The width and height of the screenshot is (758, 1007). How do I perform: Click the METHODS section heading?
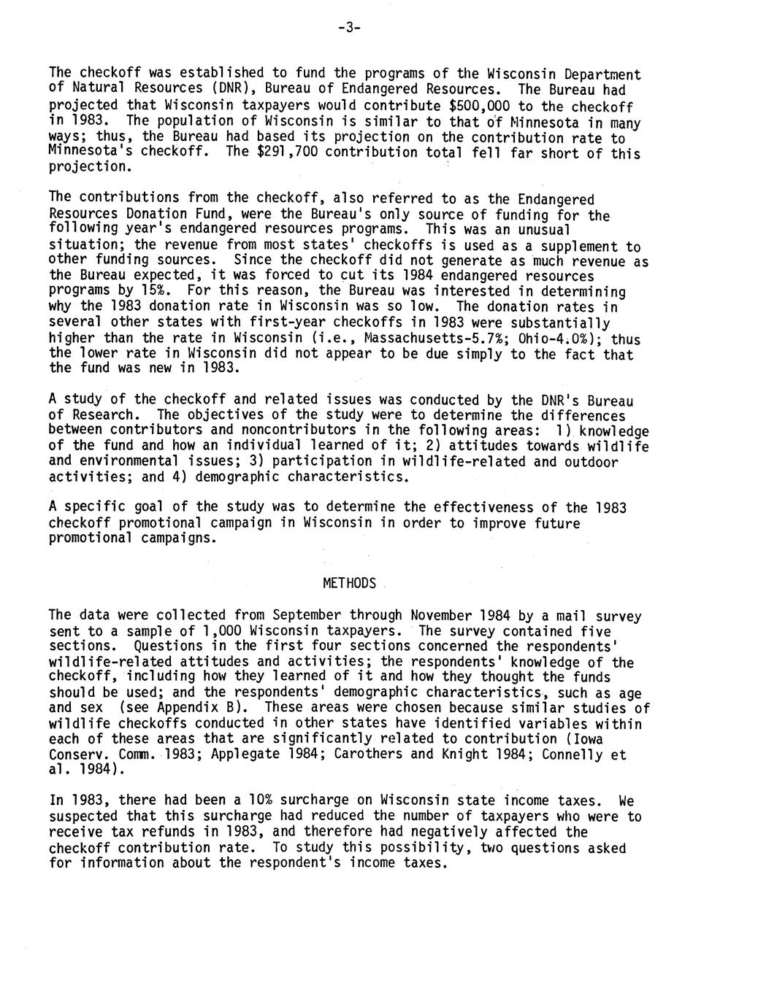[x=349, y=583]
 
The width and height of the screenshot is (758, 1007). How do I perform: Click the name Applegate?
[x=245, y=755]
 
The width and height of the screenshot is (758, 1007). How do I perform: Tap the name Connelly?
[x=575, y=755]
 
